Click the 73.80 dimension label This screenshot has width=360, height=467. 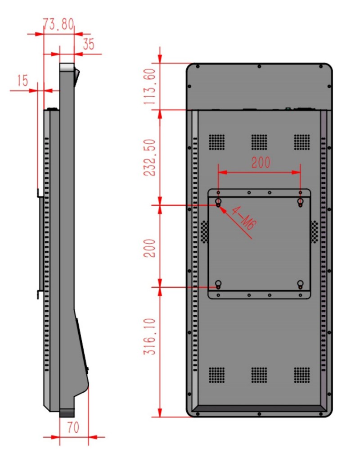tap(58, 24)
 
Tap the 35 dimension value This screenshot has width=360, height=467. tap(89, 44)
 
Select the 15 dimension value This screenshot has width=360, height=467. tap(22, 81)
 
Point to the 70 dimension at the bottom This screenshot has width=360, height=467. tap(73, 428)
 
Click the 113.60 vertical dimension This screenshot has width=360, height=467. tap(150, 86)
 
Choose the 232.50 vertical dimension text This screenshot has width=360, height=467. tap(150, 158)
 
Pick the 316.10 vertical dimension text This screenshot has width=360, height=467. tap(150, 336)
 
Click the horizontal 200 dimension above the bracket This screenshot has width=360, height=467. tap(261, 162)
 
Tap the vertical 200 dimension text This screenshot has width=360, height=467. tap(150, 248)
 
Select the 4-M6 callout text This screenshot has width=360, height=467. tap(243, 218)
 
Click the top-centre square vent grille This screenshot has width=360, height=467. tap(259, 142)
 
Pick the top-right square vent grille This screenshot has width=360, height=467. tap(301, 142)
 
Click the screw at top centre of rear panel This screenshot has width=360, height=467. tap(259, 66)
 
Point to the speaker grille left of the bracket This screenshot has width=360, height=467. tap(204, 232)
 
